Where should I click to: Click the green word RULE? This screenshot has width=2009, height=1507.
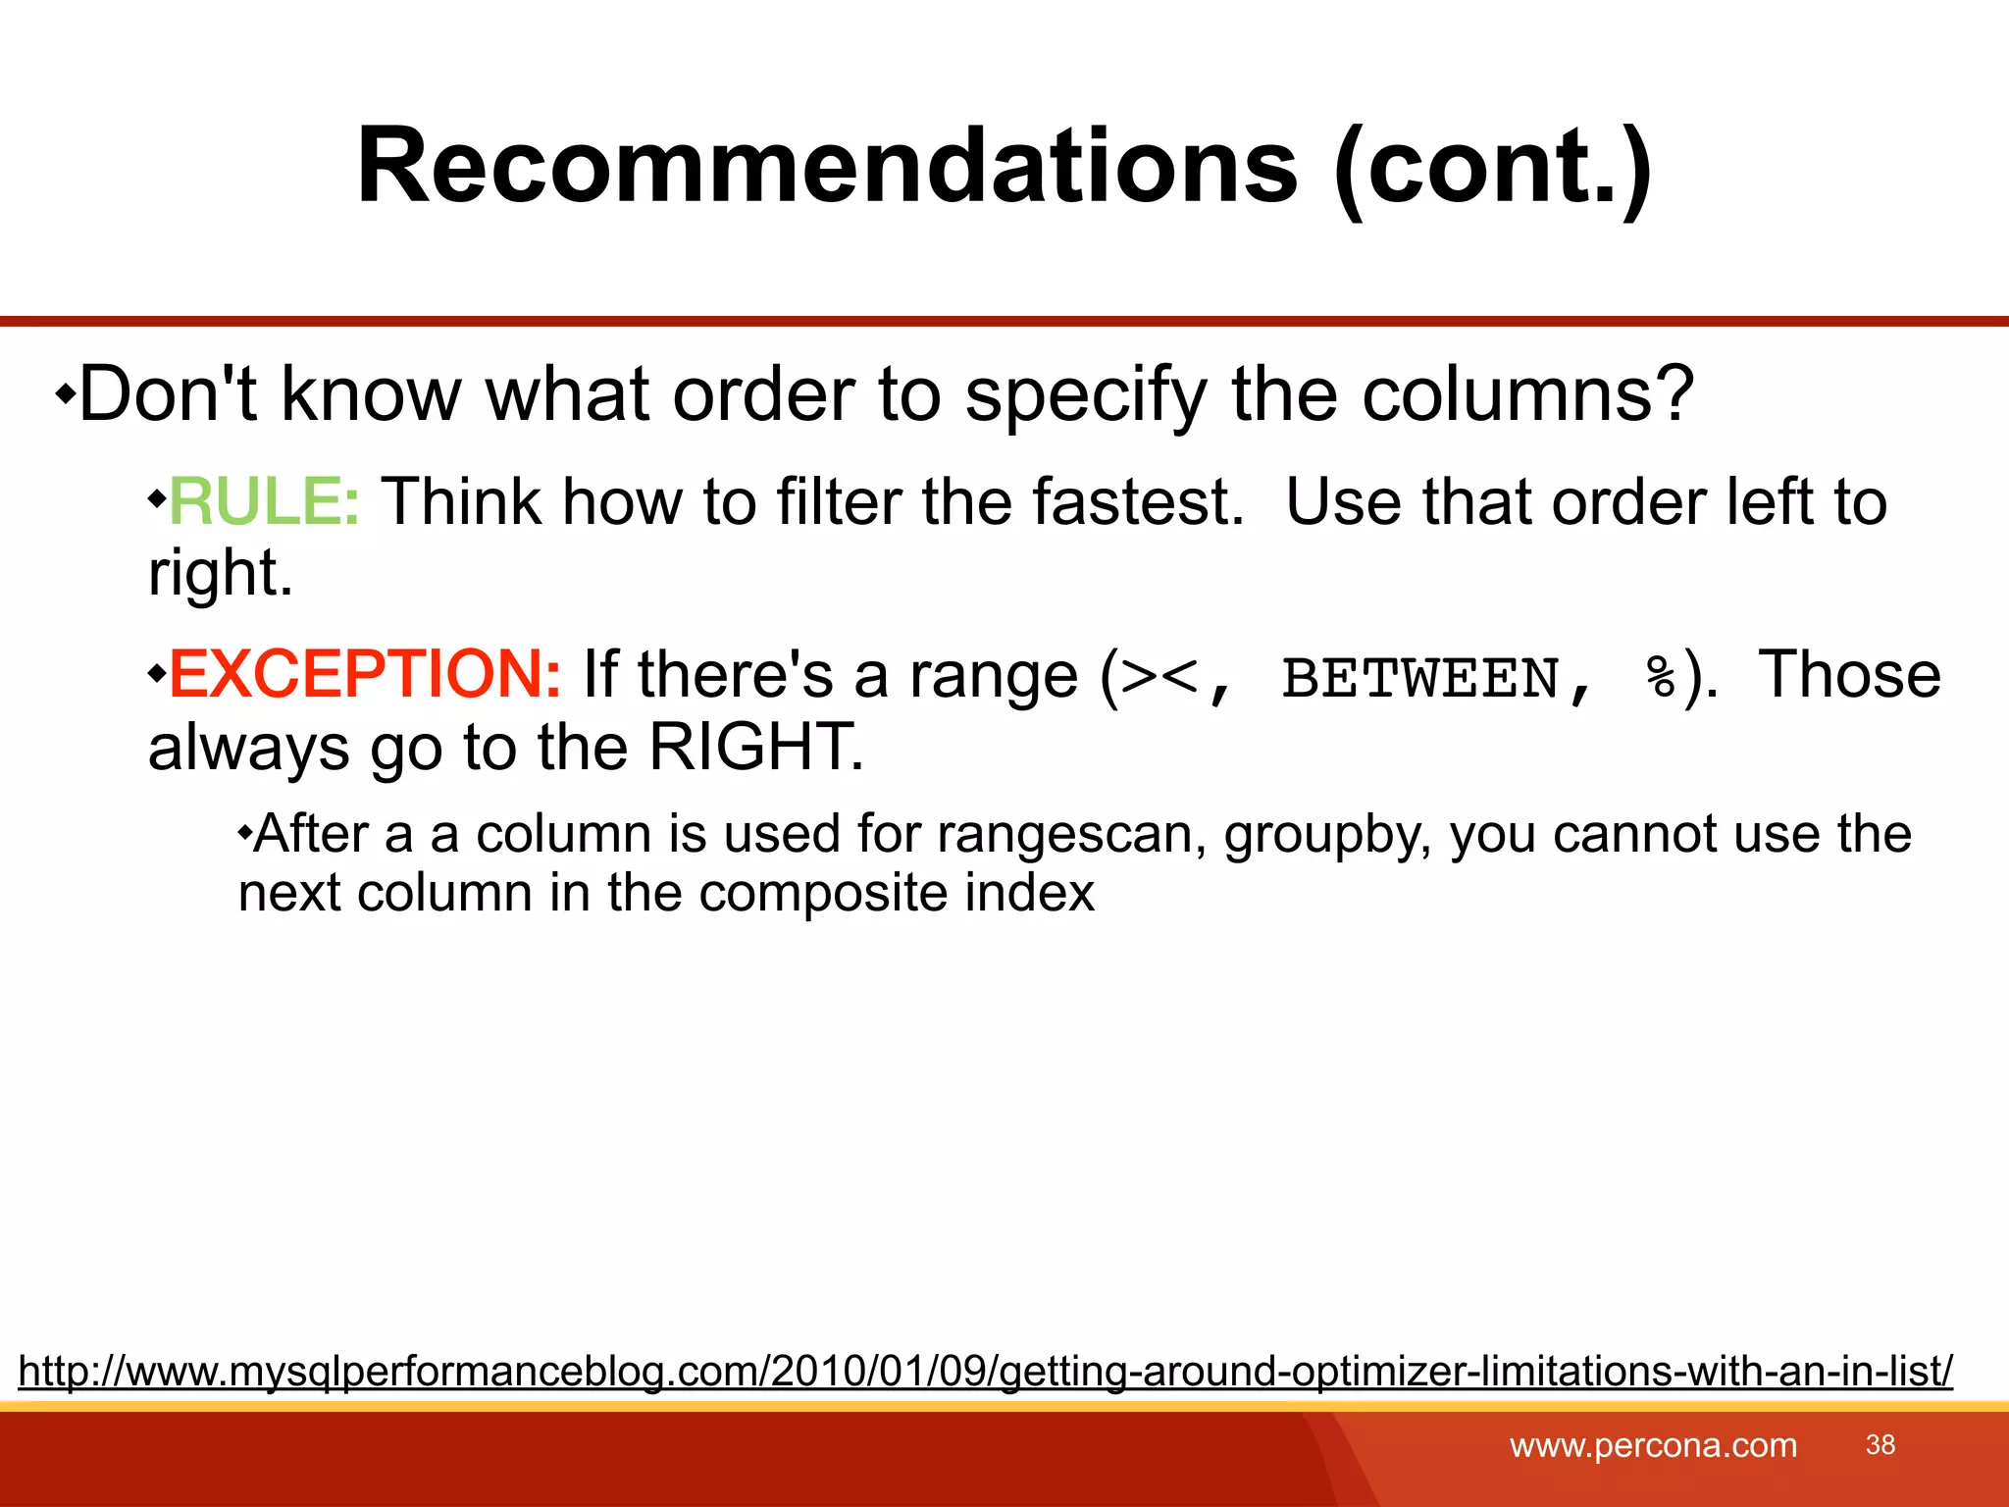tap(264, 502)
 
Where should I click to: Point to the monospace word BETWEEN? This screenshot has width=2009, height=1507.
tap(1419, 678)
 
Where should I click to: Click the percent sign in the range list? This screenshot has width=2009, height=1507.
tap(1661, 678)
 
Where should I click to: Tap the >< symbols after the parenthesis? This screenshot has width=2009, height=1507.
tap(1159, 678)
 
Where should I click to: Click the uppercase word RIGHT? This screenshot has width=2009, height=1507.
tap(754, 748)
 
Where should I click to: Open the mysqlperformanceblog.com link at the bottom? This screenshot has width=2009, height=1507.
tap(985, 1371)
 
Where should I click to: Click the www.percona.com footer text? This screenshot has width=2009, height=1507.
tap(1653, 1445)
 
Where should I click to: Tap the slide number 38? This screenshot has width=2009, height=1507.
tap(1880, 1445)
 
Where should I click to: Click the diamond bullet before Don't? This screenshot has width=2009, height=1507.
tap(65, 395)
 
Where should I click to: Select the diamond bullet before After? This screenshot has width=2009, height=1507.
tap(244, 834)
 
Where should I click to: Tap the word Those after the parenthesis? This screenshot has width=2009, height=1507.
tap(1848, 675)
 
